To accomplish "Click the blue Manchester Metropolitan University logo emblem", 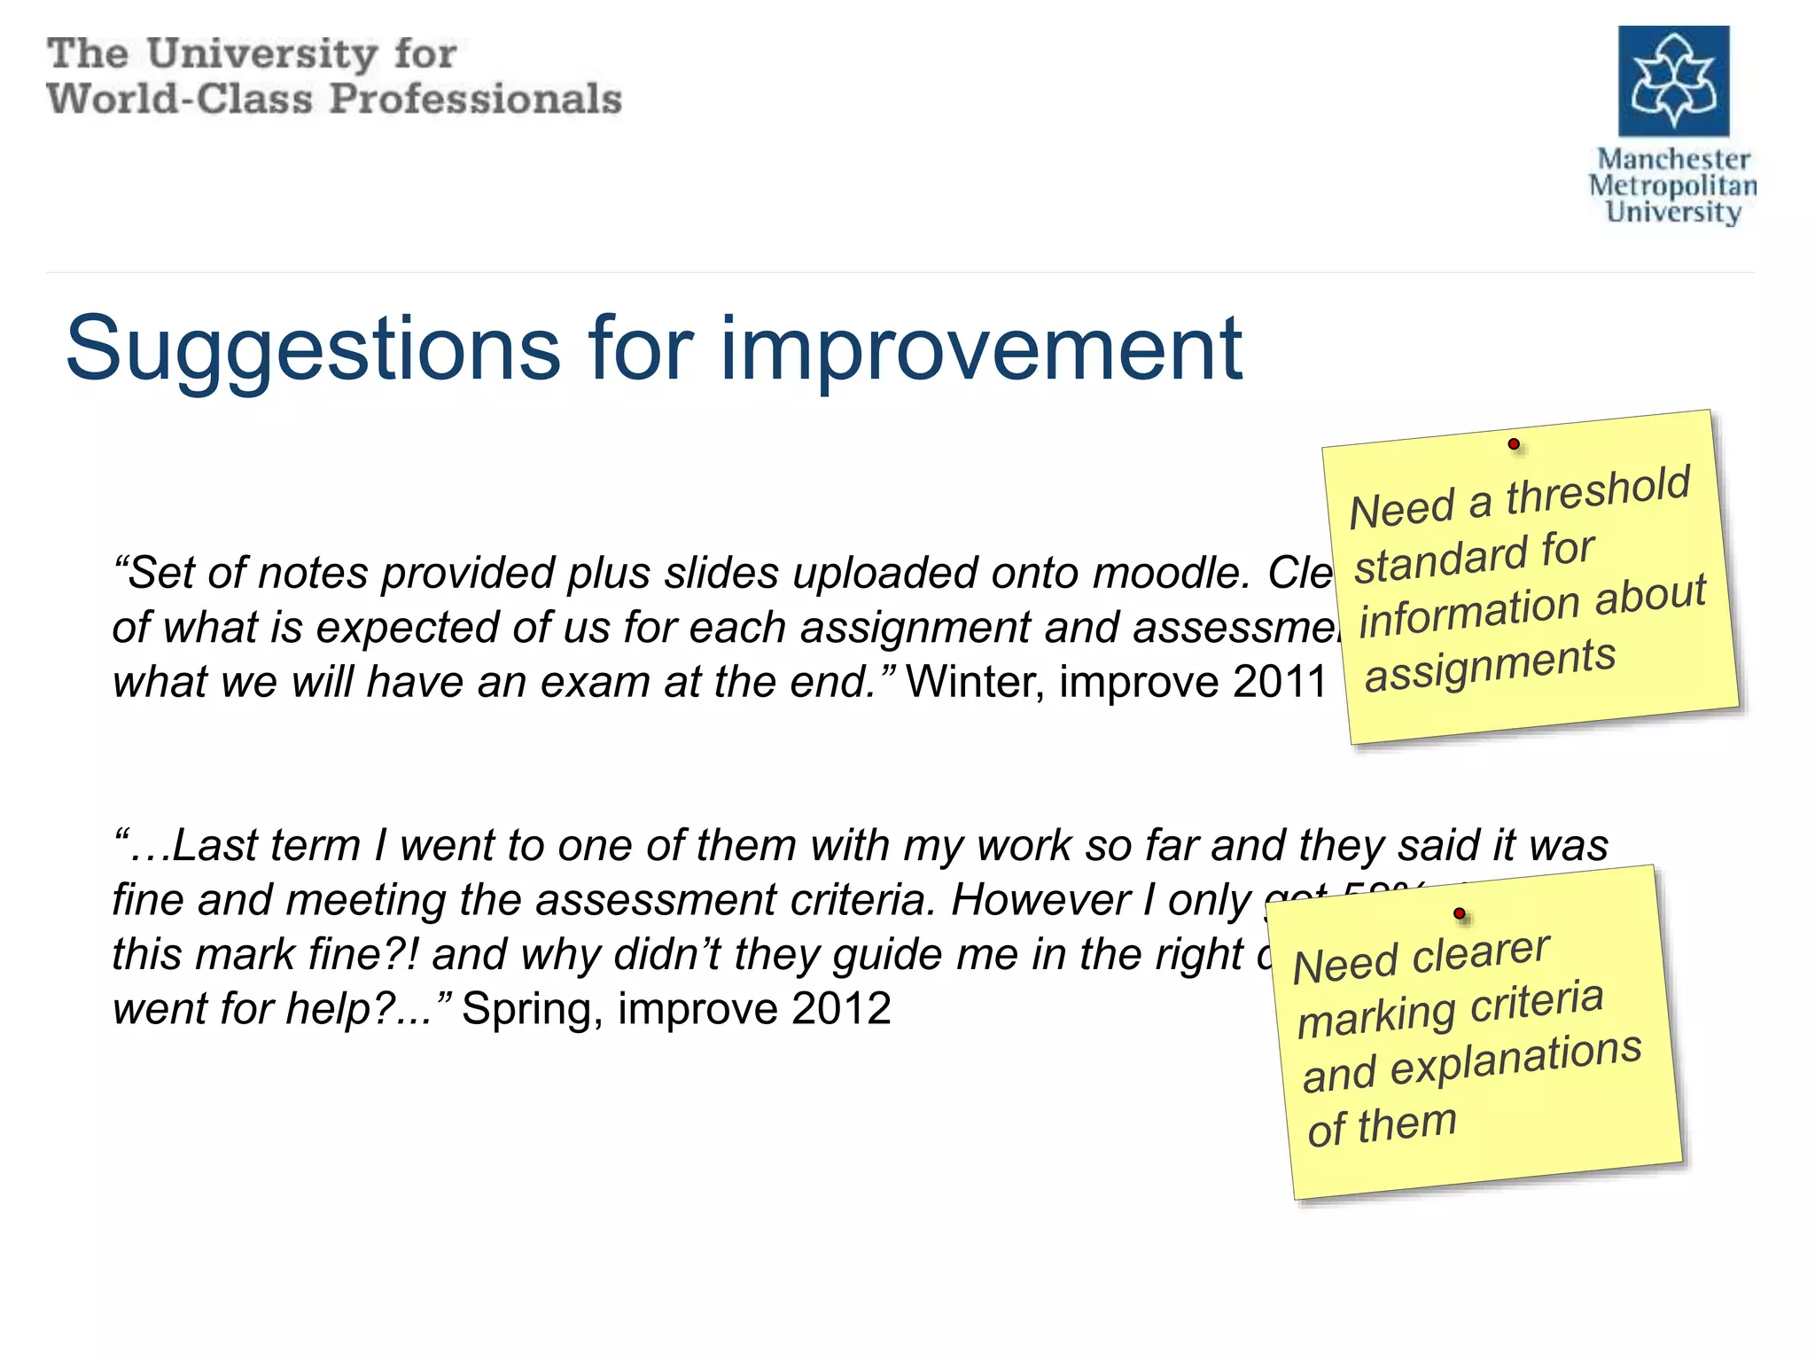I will pyautogui.click(x=1673, y=81).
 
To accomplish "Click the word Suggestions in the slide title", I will pyautogui.click(x=313, y=349).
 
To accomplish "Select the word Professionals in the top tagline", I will pyautogui.click(x=475, y=98).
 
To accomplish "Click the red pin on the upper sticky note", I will pyautogui.click(x=1514, y=443).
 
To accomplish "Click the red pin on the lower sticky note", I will pyautogui.click(x=1460, y=913).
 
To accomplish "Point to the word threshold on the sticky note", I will pyautogui.click(x=1598, y=490).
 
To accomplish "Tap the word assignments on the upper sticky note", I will pyautogui.click(x=1490, y=664).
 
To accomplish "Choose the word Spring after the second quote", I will pyautogui.click(x=532, y=1009).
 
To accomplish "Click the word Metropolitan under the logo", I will pyautogui.click(x=1672, y=186).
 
